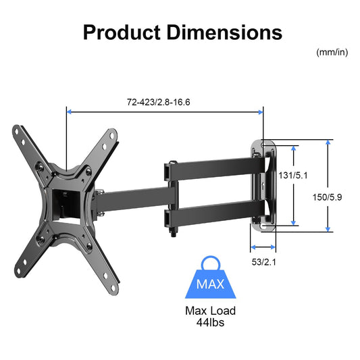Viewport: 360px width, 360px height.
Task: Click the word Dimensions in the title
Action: (x=228, y=32)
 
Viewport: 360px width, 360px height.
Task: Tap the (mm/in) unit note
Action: (x=331, y=52)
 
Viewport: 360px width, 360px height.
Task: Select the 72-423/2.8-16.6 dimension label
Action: (x=165, y=103)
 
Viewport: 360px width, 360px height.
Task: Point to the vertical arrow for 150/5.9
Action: (x=328, y=186)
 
